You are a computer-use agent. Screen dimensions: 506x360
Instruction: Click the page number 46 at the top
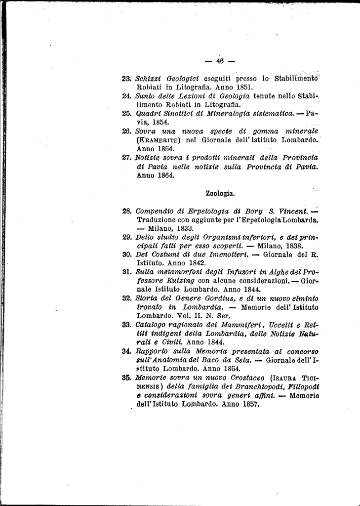pos(220,61)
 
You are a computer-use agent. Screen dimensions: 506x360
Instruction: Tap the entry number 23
pos(125,78)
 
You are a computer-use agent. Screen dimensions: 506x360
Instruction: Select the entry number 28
pos(126,211)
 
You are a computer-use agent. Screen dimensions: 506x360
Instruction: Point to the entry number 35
pos(126,378)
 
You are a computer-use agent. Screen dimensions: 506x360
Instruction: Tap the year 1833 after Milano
pos(183,228)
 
